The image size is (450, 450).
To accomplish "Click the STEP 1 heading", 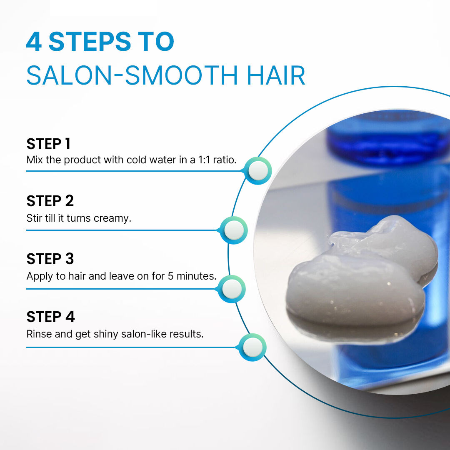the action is [x=48, y=144].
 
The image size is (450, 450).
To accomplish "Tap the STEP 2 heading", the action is [x=50, y=201].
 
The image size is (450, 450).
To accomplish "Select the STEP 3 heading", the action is [x=50, y=259].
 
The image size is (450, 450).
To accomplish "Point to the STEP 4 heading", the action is [x=50, y=317].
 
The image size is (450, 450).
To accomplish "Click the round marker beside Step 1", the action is [x=258, y=171].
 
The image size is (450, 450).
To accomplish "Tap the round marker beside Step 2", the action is [x=234, y=230].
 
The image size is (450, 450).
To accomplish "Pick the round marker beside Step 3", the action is [x=232, y=289].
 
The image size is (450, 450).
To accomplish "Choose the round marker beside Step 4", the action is [x=252, y=347].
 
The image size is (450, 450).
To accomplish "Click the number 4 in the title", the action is [x=34, y=42].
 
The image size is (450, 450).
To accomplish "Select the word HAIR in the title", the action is [x=276, y=75].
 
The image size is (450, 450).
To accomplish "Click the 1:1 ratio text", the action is [x=217, y=160].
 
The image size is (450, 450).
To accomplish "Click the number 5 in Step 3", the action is [x=171, y=276].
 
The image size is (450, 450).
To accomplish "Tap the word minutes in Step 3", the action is [x=196, y=276].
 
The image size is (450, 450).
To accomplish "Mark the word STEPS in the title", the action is [x=90, y=42].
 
